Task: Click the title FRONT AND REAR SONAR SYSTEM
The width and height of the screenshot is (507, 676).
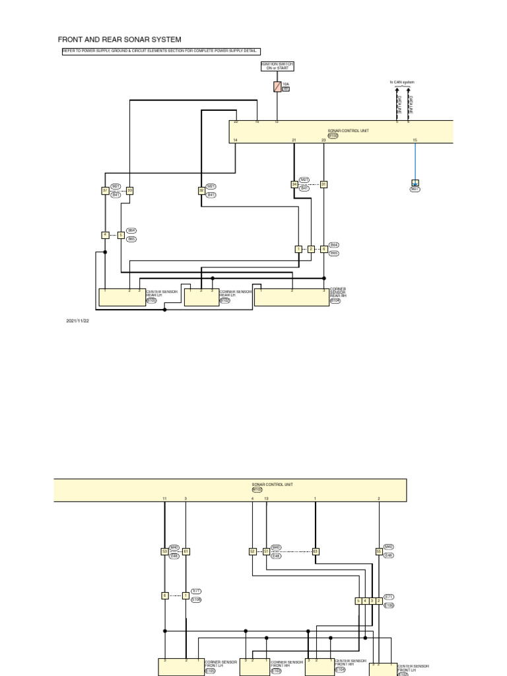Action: [x=119, y=40]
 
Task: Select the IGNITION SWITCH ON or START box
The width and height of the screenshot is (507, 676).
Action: [x=277, y=66]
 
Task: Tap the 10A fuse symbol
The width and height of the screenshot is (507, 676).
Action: [x=277, y=86]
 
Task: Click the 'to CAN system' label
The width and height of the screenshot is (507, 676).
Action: [x=402, y=83]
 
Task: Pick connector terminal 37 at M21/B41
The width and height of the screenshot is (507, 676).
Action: [x=105, y=191]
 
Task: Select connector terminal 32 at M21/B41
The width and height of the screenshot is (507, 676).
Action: [x=201, y=191]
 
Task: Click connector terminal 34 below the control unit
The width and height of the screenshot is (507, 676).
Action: [x=294, y=185]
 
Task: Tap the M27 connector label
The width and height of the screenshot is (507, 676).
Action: [x=415, y=189]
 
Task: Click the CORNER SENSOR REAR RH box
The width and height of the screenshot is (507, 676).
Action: [x=291, y=297]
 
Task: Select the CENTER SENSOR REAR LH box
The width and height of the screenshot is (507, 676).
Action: [x=121, y=297]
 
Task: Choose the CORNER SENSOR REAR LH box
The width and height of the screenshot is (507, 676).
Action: [x=201, y=298]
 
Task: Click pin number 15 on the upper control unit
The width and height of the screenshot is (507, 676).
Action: [x=415, y=140]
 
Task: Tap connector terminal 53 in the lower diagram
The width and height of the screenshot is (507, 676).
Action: [x=164, y=551]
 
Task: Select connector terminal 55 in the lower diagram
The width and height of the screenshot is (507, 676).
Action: [x=379, y=551]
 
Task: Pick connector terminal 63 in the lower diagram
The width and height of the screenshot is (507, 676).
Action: [x=316, y=551]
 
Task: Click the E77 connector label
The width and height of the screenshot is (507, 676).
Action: [x=196, y=591]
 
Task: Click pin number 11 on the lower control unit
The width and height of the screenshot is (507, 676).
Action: [x=164, y=498]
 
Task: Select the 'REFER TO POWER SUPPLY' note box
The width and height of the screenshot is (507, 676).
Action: [x=162, y=51]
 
